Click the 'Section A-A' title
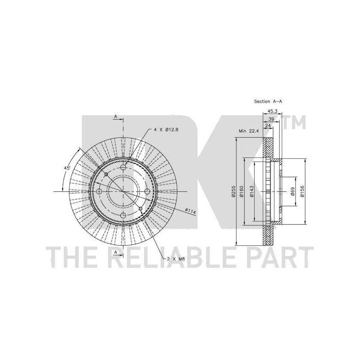pyautogui.click(x=268, y=101)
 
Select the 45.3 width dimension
pyautogui.click(x=273, y=111)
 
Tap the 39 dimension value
pyautogui.click(x=271, y=119)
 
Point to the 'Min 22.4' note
pyautogui.click(x=249, y=131)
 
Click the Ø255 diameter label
pyautogui.click(x=233, y=192)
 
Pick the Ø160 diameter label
pyautogui.click(x=241, y=192)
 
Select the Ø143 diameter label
pyautogui.click(x=252, y=192)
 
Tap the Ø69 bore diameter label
pyautogui.click(x=292, y=191)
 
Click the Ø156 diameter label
pyautogui.click(x=302, y=191)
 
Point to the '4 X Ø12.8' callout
pyautogui.click(x=166, y=130)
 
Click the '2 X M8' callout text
pyautogui.click(x=176, y=259)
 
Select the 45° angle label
pyautogui.click(x=67, y=168)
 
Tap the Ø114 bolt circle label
pyautogui.click(x=190, y=211)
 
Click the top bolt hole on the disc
pyautogui.click(x=123, y=167)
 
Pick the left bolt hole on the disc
pyautogui.click(x=99, y=192)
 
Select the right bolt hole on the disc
pyautogui.click(x=147, y=191)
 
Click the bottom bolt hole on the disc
pyautogui.click(x=123, y=215)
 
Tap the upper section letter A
pyautogui.click(x=116, y=117)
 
